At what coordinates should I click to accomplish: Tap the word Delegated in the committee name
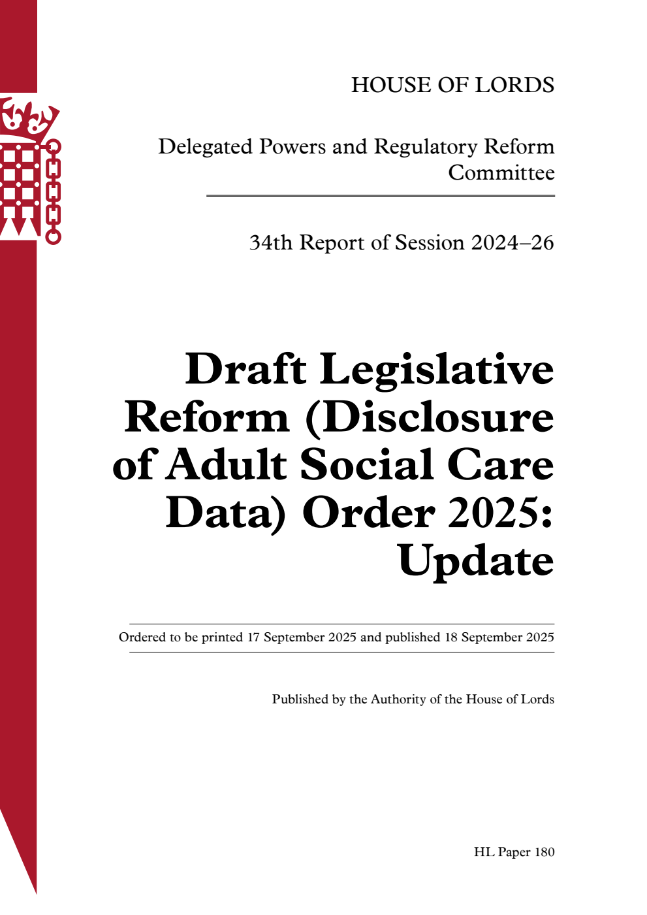point(205,147)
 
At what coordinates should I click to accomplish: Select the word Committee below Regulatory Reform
point(501,173)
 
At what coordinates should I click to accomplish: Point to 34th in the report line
point(270,243)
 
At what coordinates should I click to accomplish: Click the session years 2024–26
point(513,243)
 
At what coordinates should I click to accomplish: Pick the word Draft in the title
point(245,370)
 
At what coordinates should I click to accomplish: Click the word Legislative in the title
point(436,370)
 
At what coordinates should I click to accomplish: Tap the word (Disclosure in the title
point(430,418)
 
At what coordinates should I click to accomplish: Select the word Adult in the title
point(226,465)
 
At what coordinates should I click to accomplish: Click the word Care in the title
point(500,465)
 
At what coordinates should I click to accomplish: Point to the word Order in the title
point(368,513)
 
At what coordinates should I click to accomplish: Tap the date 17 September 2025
point(301,637)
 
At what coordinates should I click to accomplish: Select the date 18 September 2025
point(499,637)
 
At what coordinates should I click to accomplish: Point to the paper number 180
point(544,852)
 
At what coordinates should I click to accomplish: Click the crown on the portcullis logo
point(29,118)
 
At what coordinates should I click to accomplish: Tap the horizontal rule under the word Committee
point(380,196)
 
